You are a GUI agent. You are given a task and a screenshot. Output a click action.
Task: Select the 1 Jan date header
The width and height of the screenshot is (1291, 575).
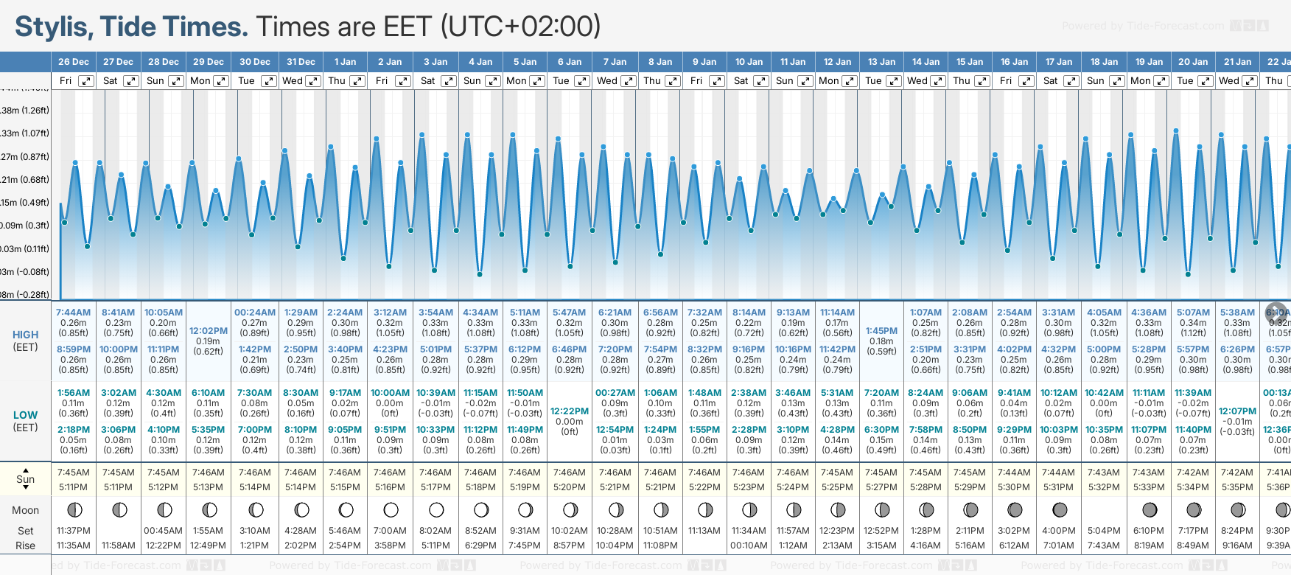click(345, 62)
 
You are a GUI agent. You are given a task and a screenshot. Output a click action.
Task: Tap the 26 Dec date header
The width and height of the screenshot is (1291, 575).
click(74, 62)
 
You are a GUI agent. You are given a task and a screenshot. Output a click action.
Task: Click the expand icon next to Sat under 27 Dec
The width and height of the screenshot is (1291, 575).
click(130, 81)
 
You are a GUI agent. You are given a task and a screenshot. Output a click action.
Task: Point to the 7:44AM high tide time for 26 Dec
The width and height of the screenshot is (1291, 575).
click(74, 313)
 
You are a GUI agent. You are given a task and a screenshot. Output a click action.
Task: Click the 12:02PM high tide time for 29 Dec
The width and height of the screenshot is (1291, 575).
click(209, 331)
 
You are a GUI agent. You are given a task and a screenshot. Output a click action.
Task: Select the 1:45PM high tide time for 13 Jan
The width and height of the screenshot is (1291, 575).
click(881, 331)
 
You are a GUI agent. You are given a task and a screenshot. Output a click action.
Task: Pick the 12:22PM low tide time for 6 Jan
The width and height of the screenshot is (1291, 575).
click(570, 411)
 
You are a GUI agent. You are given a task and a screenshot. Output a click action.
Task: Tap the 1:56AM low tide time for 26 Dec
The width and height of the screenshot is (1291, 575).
click(74, 393)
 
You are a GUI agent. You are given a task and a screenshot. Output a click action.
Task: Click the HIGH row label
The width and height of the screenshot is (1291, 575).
click(25, 335)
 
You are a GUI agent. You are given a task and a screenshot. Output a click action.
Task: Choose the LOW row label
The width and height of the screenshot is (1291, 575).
click(25, 415)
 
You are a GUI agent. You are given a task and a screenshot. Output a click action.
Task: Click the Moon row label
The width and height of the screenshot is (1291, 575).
click(25, 510)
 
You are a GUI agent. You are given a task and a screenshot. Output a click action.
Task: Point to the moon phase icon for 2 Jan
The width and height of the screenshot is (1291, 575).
click(391, 509)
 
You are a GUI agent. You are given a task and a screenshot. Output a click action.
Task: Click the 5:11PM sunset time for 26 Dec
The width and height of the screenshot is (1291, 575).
click(74, 487)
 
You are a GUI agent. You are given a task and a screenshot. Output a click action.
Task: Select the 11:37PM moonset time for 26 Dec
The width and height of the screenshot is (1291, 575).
click(74, 531)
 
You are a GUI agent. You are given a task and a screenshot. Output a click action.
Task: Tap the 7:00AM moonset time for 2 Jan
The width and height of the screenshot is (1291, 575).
click(390, 531)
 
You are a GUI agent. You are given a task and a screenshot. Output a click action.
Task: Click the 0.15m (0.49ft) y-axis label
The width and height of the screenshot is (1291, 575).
click(25, 203)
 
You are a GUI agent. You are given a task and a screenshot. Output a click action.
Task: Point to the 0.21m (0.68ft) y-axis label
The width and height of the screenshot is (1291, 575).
click(25, 180)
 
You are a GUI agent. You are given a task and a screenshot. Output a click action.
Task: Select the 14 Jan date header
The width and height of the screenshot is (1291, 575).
click(926, 62)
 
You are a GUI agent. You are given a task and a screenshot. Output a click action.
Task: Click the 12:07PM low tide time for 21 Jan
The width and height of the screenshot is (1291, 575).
click(1237, 411)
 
